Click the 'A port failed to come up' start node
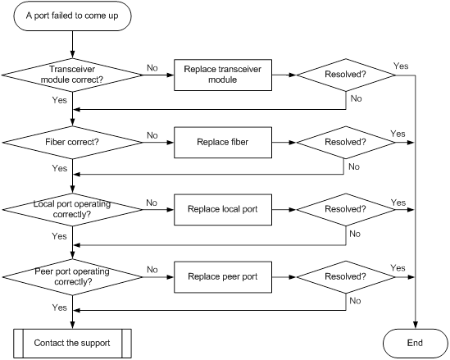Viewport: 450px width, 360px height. click(x=72, y=16)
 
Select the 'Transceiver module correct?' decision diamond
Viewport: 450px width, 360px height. click(x=72, y=75)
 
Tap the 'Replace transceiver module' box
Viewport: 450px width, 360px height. click(x=223, y=75)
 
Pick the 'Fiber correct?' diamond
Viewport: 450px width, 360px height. click(x=72, y=143)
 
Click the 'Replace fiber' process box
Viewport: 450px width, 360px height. click(x=223, y=143)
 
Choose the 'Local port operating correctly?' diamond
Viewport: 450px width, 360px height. click(x=72, y=210)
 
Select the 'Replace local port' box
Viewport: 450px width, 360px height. click(x=223, y=210)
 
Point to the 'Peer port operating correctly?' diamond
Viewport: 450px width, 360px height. click(x=72, y=277)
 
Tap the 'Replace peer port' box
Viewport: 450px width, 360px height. click(x=223, y=277)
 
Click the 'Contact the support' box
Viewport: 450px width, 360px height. click(x=72, y=344)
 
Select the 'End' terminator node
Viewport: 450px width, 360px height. click(x=415, y=344)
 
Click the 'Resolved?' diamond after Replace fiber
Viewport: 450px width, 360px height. click(x=346, y=143)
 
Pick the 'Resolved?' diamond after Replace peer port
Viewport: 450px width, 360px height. click(x=346, y=277)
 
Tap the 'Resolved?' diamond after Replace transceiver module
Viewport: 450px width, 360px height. click(x=346, y=75)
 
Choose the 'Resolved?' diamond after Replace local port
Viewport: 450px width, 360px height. click(x=346, y=210)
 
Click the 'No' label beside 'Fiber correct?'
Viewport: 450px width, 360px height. click(x=152, y=135)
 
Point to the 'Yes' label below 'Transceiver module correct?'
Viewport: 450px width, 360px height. click(x=59, y=100)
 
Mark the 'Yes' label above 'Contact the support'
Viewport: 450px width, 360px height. click(x=59, y=308)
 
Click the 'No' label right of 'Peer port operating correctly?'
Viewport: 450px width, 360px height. click(x=152, y=270)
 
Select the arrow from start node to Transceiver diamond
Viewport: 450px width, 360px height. click(x=73, y=44)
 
